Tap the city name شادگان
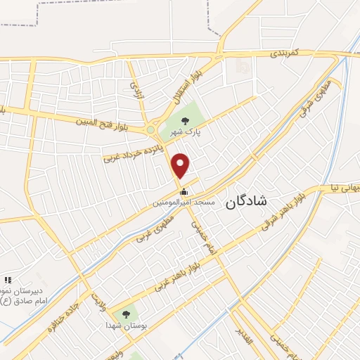[x=247, y=203]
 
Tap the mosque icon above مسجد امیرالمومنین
[x=184, y=191]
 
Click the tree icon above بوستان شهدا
[x=126, y=314]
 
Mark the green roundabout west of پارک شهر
[x=150, y=129]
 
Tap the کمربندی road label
[x=286, y=53]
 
